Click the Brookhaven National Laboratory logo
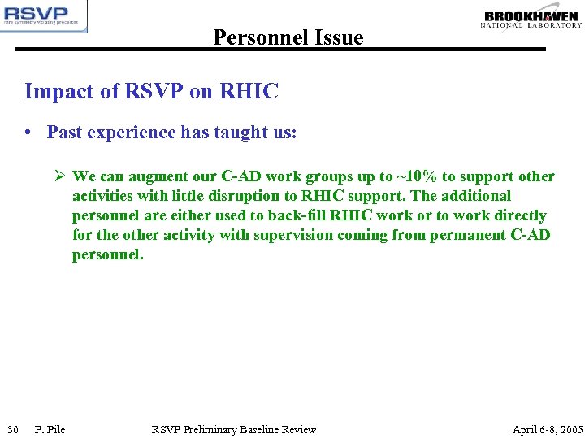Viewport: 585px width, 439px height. pos(531,20)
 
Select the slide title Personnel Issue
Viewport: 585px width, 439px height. pos(288,37)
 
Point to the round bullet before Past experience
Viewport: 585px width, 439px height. pos(28,133)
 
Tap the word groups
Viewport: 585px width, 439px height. pos(329,176)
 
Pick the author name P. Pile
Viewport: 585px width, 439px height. pos(50,429)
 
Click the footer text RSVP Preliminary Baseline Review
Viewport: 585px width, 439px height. pos(234,429)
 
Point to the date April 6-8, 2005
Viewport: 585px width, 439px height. pos(547,429)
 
